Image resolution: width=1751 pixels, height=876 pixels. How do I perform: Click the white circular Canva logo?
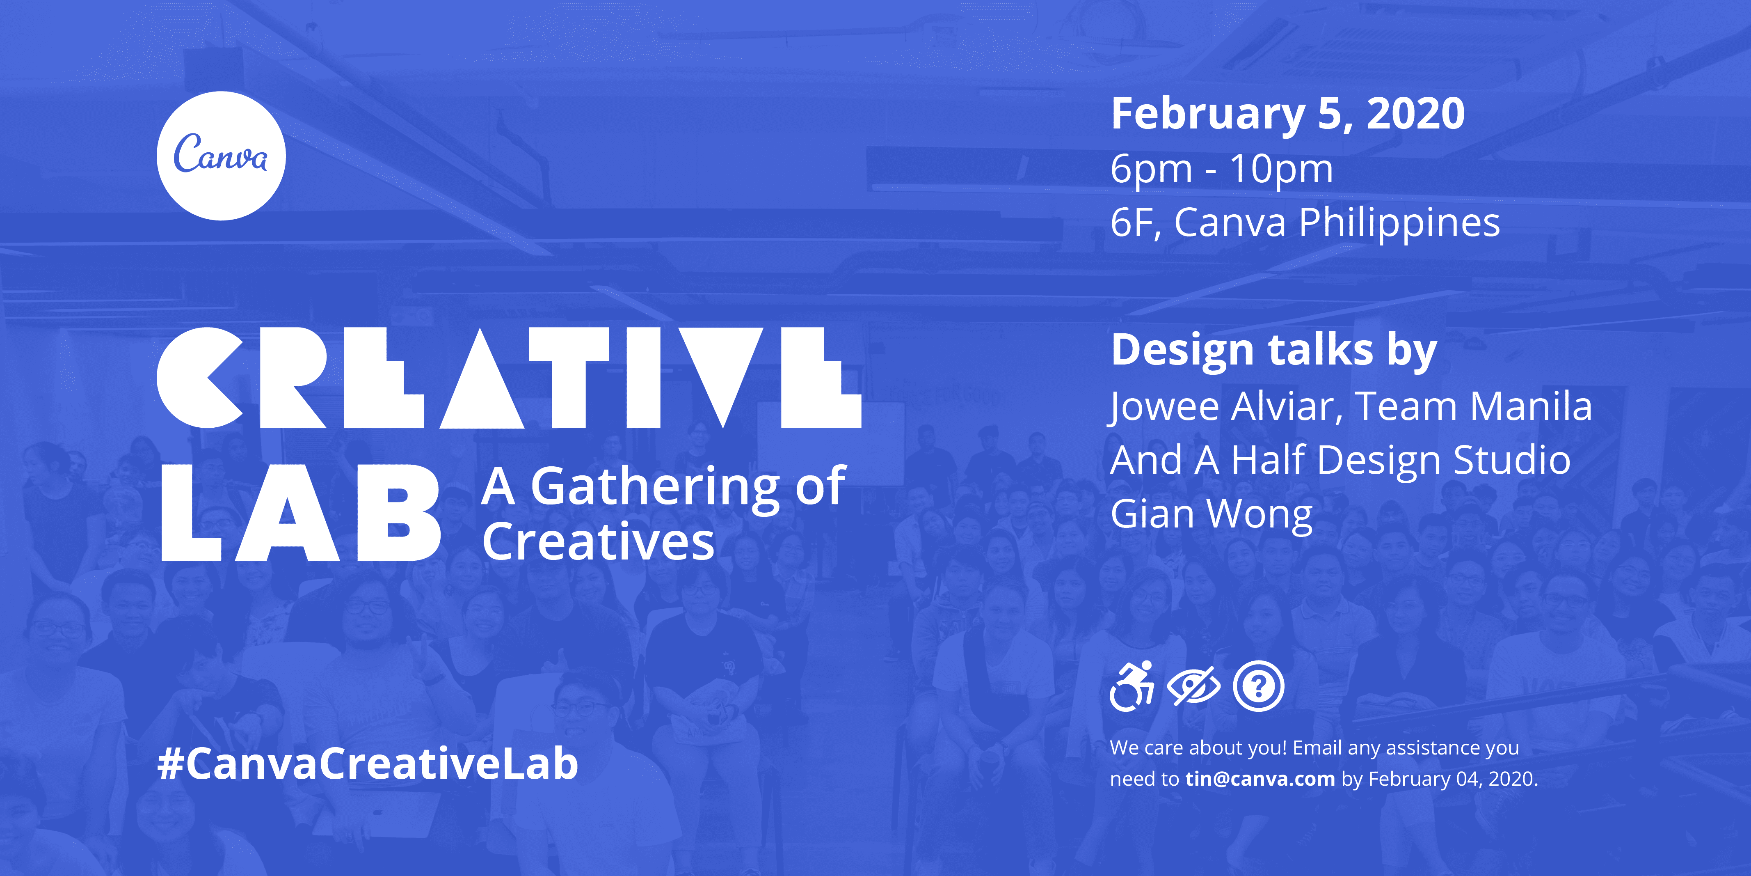pyautogui.click(x=221, y=156)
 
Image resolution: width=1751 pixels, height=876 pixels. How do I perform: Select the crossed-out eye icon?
pyautogui.click(x=1193, y=686)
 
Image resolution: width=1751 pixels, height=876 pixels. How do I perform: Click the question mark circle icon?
pyautogui.click(x=1258, y=686)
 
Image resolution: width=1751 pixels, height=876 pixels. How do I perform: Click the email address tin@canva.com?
pyautogui.click(x=1260, y=779)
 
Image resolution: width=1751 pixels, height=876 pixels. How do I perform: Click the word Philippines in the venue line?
pyautogui.click(x=1399, y=223)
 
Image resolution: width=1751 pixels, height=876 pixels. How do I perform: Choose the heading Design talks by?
pyautogui.click(x=1273, y=350)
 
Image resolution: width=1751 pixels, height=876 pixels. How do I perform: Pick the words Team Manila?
pyautogui.click(x=1473, y=407)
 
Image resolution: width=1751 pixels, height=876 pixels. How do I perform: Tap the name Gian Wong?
pyautogui.click(x=1211, y=514)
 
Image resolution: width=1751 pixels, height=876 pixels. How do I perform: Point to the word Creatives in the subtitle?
pyautogui.click(x=598, y=542)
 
